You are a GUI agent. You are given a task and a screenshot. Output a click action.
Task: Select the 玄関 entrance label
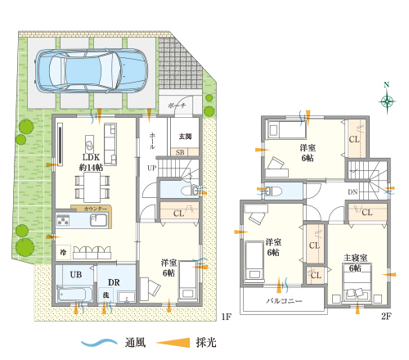[x=184, y=136]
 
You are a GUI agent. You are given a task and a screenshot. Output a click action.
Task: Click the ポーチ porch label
[x=178, y=107]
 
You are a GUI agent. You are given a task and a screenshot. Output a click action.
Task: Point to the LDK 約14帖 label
[x=91, y=160]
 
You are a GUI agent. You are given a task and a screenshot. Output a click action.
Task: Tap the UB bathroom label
[x=74, y=274]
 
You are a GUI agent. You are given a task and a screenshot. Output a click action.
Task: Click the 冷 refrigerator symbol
[x=63, y=250]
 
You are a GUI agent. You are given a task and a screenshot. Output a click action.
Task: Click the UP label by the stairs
[x=151, y=169]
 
